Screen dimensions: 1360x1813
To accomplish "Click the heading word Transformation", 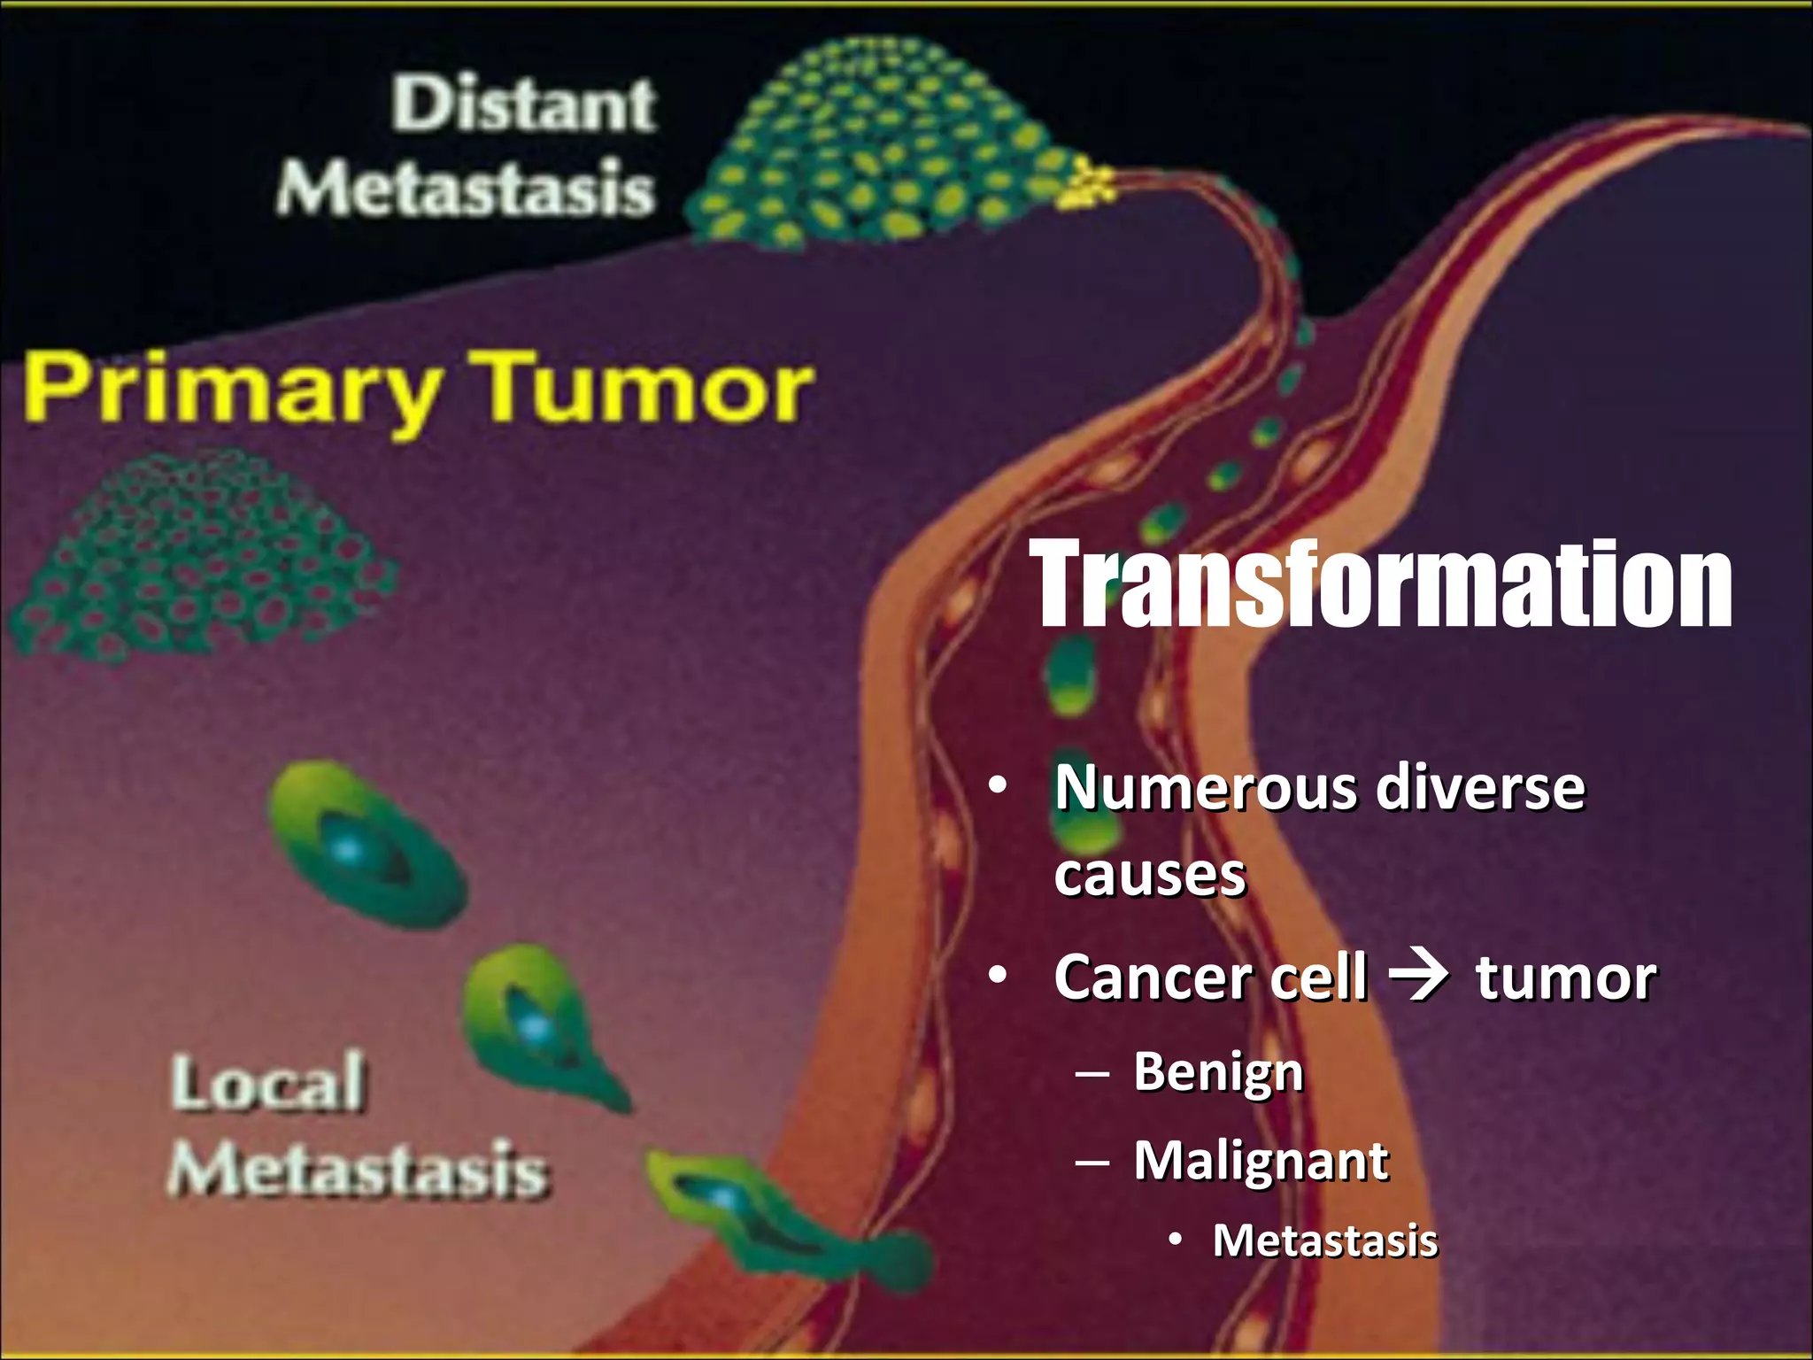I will pyautogui.click(x=1384, y=586).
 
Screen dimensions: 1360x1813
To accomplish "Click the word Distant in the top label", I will pyautogui.click(x=524, y=104).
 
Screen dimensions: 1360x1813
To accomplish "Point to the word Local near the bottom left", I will pyautogui.click(x=267, y=1082).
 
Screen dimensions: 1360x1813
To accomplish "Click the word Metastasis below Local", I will pyautogui.click(x=358, y=1169).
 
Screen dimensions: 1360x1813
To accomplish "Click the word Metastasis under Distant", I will pyautogui.click(x=465, y=189).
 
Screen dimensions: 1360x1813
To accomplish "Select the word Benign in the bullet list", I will pyautogui.click(x=1218, y=1071).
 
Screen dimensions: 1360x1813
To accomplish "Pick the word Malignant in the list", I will pyautogui.click(x=1261, y=1160).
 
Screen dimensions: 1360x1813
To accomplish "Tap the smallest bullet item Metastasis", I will pyautogui.click(x=1324, y=1240).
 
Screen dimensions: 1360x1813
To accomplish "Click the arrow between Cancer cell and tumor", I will pyautogui.click(x=1419, y=977).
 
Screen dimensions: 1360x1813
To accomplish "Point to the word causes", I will pyautogui.click(x=1149, y=875).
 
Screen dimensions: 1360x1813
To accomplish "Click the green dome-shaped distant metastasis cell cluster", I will pyautogui.click(x=868, y=151).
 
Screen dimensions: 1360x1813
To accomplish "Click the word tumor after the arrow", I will pyautogui.click(x=1565, y=977).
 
